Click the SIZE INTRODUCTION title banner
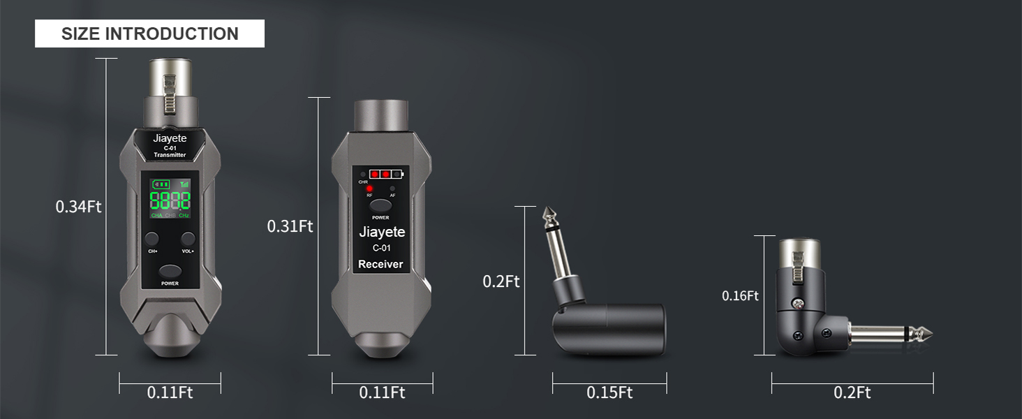pos(149,34)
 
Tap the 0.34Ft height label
pos(79,207)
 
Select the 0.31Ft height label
pos(290,226)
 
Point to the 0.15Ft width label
pos(609,392)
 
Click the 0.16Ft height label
pos(740,296)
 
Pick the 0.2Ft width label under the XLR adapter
pos(852,392)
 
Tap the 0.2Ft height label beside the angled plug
pos(501,281)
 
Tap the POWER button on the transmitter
pos(170,271)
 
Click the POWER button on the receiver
pos(380,206)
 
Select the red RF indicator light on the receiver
pos(369,189)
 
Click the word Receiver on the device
pos(380,264)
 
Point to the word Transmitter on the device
pos(170,155)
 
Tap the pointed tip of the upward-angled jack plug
pos(547,212)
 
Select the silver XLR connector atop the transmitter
pos(170,80)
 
